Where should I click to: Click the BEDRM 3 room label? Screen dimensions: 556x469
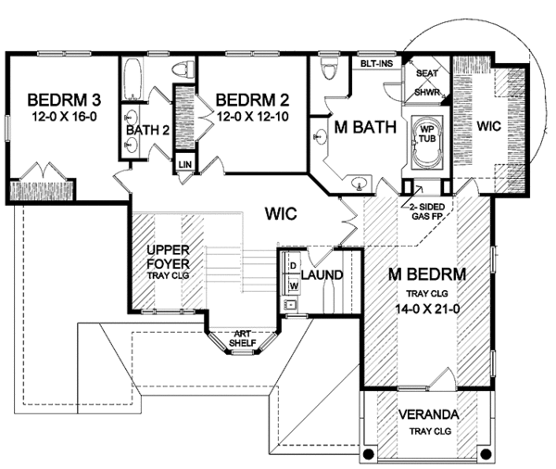click(64, 100)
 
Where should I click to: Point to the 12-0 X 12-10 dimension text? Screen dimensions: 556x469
click(252, 117)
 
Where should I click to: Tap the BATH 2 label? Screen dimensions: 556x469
click(147, 130)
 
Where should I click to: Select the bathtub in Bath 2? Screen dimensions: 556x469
click(133, 80)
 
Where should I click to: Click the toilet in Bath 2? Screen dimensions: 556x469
click(183, 69)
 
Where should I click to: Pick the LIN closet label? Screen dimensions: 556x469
click(185, 165)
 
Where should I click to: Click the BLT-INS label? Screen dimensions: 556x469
click(376, 64)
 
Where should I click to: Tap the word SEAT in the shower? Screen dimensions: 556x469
click(427, 73)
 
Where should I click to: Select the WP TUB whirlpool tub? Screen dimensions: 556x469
click(427, 142)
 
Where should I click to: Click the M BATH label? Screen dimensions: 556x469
click(365, 127)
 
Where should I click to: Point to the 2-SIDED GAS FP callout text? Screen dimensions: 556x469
click(427, 211)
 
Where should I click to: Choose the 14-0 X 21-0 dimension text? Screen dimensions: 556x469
click(427, 309)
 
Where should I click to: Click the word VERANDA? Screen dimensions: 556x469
click(428, 414)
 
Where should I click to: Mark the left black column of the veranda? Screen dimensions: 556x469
click(369, 454)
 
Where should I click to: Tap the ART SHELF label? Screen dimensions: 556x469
click(243, 338)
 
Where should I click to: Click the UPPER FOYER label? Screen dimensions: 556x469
click(168, 257)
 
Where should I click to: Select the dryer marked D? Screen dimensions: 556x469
click(293, 266)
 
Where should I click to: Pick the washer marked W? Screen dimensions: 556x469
click(293, 285)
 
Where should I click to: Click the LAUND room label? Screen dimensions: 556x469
click(322, 274)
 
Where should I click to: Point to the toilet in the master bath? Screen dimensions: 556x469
click(330, 68)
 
